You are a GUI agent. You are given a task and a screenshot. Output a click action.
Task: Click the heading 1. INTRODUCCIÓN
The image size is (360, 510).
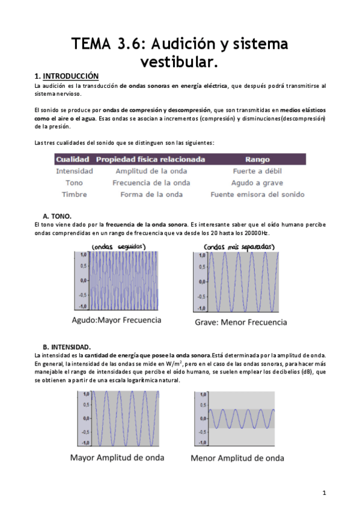[66, 76]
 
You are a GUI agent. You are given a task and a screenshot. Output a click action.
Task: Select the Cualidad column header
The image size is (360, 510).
[72, 159]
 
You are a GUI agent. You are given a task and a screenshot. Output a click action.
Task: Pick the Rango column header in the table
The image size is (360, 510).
[257, 159]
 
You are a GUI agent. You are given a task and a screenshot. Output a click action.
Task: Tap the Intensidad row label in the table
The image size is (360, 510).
[74, 171]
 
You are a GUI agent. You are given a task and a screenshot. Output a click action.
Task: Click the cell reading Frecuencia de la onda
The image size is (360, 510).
[151, 182]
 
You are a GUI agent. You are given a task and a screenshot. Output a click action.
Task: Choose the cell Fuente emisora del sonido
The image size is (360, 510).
[257, 194]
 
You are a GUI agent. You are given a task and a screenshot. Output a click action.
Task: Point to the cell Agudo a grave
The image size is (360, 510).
[257, 182]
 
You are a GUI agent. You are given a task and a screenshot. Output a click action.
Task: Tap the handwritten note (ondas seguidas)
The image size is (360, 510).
[118, 247]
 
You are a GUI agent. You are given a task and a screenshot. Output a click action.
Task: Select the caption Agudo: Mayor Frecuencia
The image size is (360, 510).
[117, 320]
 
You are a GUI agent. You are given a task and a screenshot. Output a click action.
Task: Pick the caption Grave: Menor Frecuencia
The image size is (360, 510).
[240, 322]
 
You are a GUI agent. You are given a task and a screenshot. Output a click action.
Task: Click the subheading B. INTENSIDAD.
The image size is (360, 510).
[67, 347]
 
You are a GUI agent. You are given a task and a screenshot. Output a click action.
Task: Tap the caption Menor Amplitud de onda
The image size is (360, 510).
[237, 458]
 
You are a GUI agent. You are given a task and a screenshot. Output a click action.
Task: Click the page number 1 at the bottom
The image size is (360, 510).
[324, 493]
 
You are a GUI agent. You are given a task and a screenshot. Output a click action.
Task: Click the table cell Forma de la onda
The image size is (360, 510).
[151, 194]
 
